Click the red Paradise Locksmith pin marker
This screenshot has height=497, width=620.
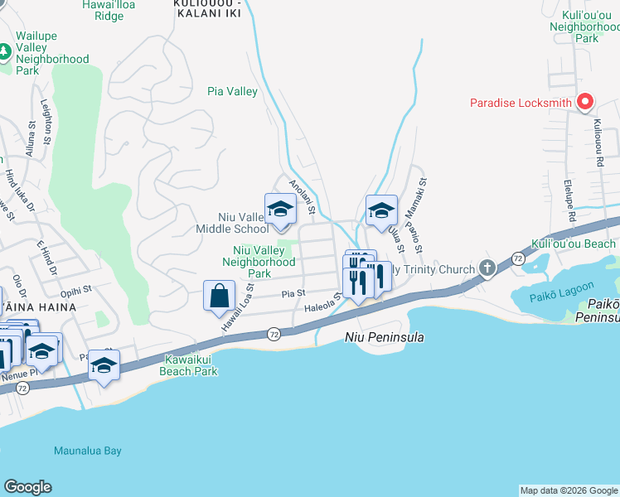click(585, 103)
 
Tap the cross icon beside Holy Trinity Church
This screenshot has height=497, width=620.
click(487, 268)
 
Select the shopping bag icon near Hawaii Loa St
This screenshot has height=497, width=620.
click(218, 296)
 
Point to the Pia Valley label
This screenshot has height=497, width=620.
click(232, 92)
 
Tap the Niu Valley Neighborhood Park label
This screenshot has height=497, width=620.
click(259, 261)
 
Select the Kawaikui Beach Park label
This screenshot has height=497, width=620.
click(191, 366)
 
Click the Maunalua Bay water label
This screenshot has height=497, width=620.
click(88, 451)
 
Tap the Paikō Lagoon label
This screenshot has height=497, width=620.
click(544, 295)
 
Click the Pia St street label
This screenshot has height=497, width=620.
click(293, 292)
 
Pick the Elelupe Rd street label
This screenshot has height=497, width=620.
click(570, 197)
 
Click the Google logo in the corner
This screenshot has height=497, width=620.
click(27, 487)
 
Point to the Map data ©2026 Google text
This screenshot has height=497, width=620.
click(568, 490)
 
